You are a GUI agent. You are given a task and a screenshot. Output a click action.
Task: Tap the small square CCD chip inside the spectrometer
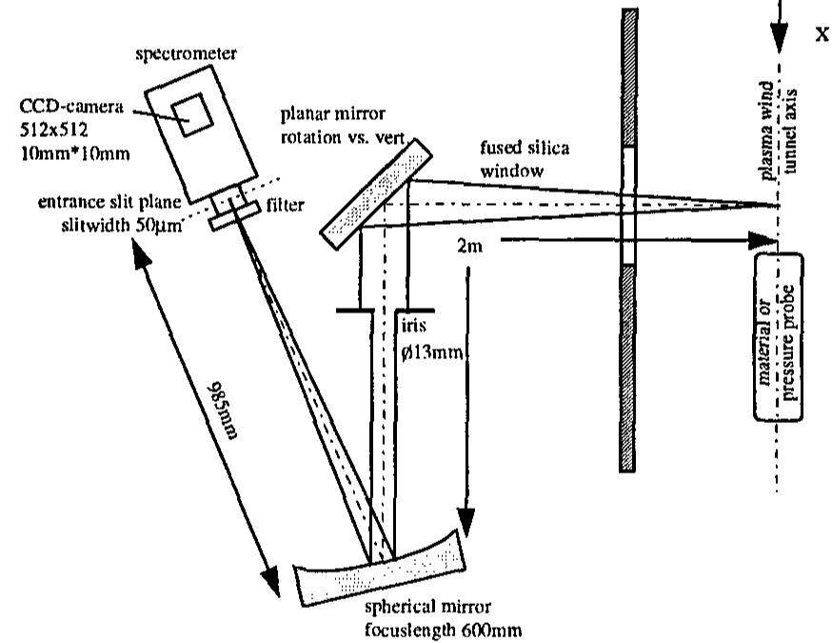tap(198, 113)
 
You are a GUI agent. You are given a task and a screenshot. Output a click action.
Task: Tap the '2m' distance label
tap(470, 247)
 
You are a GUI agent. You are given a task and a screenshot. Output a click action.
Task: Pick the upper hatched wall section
tap(628, 76)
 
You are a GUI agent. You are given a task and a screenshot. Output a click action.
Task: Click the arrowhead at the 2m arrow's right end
tap(761, 240)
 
